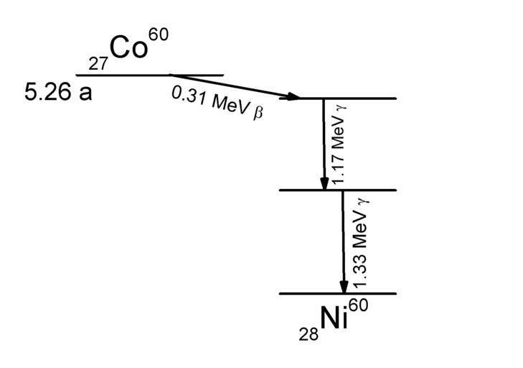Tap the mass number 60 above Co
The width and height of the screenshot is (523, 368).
(x=159, y=34)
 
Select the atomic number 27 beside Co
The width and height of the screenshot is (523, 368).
(x=98, y=64)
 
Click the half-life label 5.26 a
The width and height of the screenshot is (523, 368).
(x=58, y=93)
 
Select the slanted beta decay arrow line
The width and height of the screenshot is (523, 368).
(x=230, y=86)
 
